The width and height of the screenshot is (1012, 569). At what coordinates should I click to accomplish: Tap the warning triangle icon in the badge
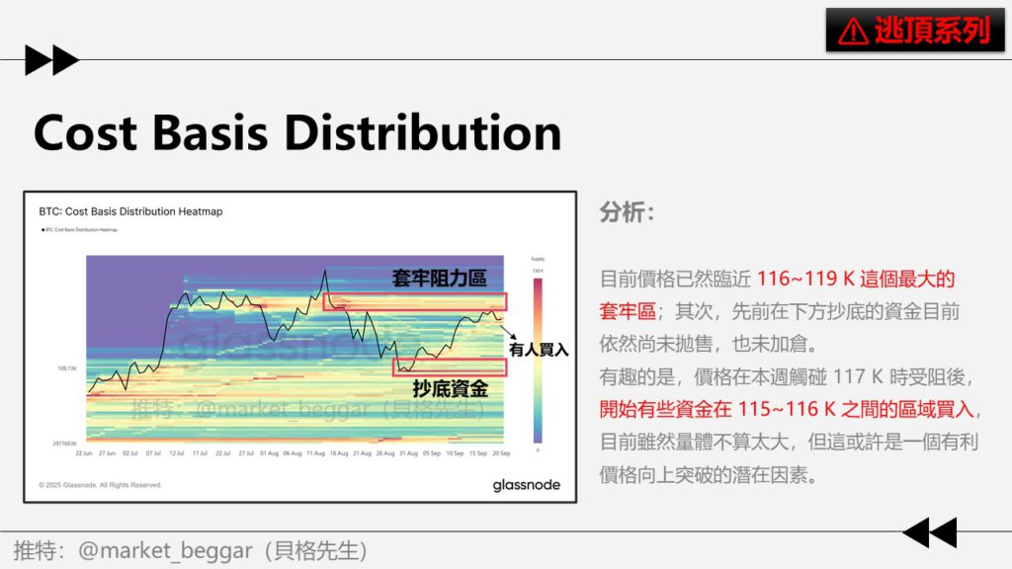click(852, 32)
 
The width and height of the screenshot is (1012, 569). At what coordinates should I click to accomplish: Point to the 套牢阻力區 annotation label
click(439, 279)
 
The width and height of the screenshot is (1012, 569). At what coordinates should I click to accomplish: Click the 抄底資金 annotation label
click(450, 388)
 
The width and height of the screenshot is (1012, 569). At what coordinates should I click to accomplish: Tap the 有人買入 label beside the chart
click(539, 349)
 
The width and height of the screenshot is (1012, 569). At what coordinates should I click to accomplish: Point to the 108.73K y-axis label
click(66, 368)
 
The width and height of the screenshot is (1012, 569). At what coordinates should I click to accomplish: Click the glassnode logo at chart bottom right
click(526, 485)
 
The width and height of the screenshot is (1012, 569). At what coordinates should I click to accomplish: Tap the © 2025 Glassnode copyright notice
click(100, 485)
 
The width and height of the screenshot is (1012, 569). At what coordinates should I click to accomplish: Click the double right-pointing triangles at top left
click(51, 60)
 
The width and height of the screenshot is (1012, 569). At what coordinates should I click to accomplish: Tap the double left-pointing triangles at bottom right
click(929, 532)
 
